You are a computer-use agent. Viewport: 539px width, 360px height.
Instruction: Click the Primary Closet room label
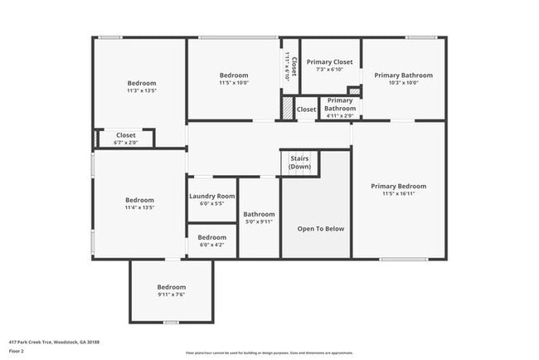tap(329, 62)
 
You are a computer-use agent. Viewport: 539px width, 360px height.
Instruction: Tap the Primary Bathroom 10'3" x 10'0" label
tap(402, 75)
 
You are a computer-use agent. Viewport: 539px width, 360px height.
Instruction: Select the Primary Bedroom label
tap(398, 187)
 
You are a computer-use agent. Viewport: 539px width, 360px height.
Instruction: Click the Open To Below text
tap(322, 229)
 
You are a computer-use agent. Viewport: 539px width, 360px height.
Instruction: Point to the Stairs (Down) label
tap(299, 163)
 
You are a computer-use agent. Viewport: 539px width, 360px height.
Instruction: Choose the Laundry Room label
tap(213, 197)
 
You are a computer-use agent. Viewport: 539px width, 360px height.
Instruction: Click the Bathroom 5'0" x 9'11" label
tap(259, 215)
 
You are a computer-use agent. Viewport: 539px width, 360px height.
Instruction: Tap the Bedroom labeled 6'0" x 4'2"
tap(211, 238)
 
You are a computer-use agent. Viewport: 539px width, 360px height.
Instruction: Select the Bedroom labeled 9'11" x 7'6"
tap(171, 287)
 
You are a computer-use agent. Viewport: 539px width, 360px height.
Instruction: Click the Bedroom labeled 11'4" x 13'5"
tap(139, 200)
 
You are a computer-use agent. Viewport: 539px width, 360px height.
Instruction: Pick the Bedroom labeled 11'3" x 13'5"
tap(141, 84)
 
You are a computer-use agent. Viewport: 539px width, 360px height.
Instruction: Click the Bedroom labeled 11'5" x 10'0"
tap(233, 75)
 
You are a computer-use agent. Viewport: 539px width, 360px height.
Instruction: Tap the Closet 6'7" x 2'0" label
tap(125, 134)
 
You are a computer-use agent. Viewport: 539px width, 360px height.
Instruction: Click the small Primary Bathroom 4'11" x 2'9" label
tap(339, 105)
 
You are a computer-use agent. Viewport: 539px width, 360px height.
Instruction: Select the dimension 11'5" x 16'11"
tap(398, 194)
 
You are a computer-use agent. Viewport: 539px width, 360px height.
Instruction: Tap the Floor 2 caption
tap(16, 351)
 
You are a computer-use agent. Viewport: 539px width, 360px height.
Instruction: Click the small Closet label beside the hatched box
tap(306, 109)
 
